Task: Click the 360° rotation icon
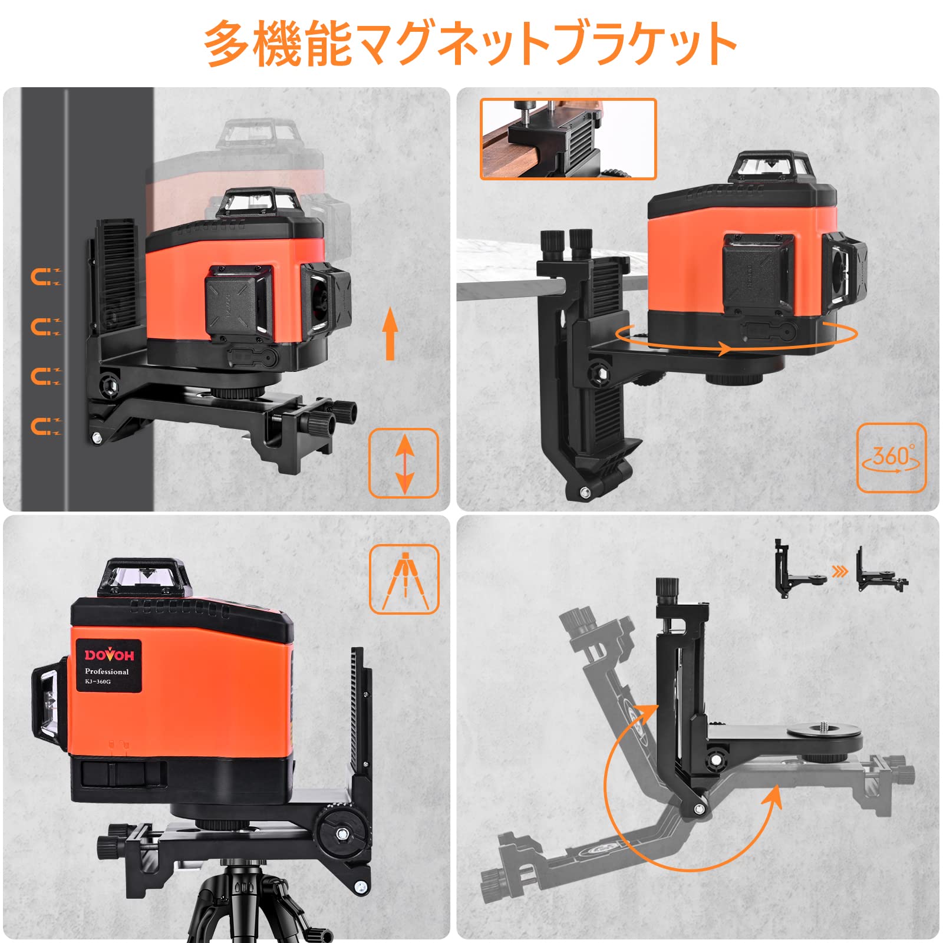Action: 891,458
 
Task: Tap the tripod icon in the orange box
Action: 404,580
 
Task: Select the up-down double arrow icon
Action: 404,464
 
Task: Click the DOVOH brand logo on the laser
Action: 109,655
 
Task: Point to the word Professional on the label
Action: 107,671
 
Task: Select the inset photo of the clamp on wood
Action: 568,139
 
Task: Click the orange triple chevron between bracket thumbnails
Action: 840,571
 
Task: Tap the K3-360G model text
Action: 97,682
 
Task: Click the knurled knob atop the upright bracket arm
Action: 667,588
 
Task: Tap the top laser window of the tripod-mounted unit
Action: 144,576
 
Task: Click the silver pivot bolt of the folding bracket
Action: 699,809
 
